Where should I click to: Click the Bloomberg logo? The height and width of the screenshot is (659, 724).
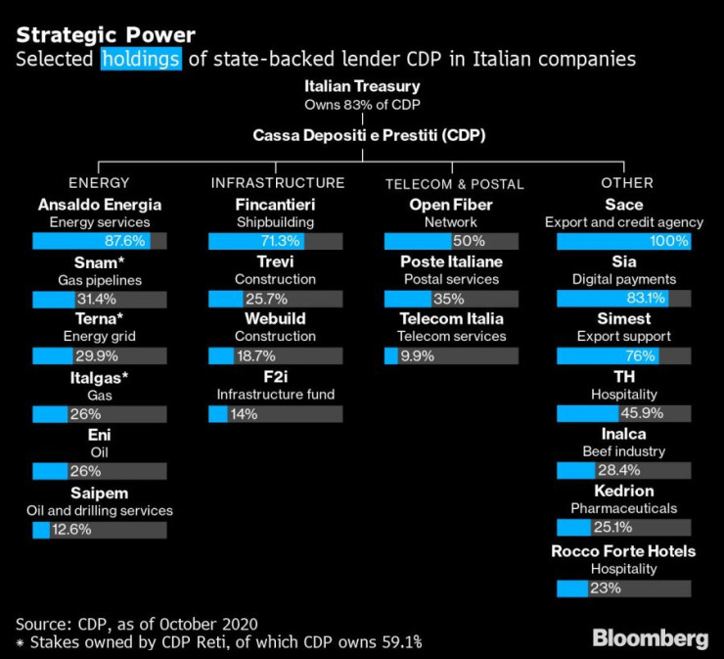click(650, 638)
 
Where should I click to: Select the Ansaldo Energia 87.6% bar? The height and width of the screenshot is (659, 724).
click(99, 241)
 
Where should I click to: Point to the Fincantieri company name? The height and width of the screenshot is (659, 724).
click(275, 205)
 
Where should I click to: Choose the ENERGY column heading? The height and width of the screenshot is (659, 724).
click(99, 183)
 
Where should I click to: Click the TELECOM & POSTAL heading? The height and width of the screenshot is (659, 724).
click(454, 183)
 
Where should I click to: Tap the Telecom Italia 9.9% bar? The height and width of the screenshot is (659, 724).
click(450, 355)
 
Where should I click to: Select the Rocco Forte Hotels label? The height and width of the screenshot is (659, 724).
click(623, 551)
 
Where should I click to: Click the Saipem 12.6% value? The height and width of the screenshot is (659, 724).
click(71, 530)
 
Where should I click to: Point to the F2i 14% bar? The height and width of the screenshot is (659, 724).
click(275, 413)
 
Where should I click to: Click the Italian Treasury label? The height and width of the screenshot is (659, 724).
click(361, 86)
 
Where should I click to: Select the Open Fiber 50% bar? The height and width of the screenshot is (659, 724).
click(450, 241)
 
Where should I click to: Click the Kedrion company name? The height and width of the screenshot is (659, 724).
click(623, 491)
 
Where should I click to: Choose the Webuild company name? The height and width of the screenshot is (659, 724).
click(275, 319)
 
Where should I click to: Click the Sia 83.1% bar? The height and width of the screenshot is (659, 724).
click(623, 299)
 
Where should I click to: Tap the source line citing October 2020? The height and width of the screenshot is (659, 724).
click(138, 623)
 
